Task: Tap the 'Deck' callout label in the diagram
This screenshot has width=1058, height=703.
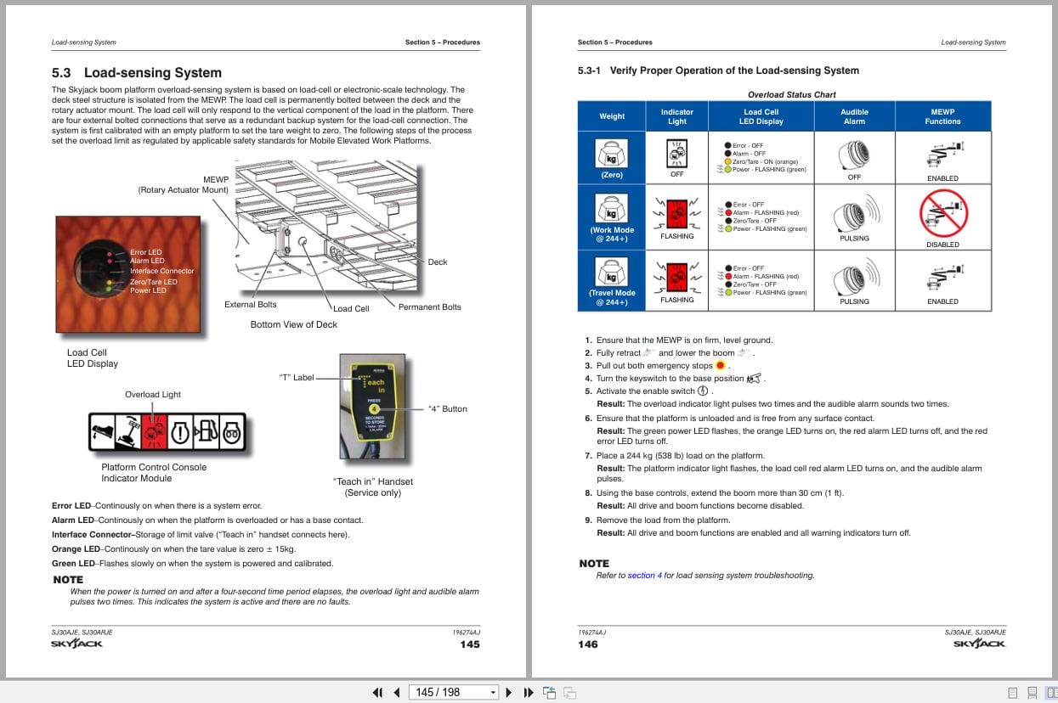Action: click(x=437, y=262)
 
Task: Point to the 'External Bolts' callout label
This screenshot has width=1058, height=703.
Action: click(x=250, y=305)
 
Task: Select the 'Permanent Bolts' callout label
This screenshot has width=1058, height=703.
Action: click(x=429, y=307)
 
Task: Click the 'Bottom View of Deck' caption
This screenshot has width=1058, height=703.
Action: click(x=293, y=324)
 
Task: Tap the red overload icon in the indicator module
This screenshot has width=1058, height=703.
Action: click(x=154, y=432)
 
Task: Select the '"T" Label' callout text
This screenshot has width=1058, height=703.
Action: click(x=297, y=378)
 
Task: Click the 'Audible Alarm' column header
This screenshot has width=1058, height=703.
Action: click(x=854, y=116)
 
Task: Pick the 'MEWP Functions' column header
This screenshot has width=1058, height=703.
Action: click(x=942, y=116)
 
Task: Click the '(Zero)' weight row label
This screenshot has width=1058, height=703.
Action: click(x=612, y=175)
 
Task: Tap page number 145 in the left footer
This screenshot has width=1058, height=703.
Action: click(x=469, y=644)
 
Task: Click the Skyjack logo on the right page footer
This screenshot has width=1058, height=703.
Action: click(x=979, y=644)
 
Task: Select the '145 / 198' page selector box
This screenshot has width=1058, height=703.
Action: click(x=453, y=692)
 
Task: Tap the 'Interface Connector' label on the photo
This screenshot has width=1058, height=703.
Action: click(x=161, y=271)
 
